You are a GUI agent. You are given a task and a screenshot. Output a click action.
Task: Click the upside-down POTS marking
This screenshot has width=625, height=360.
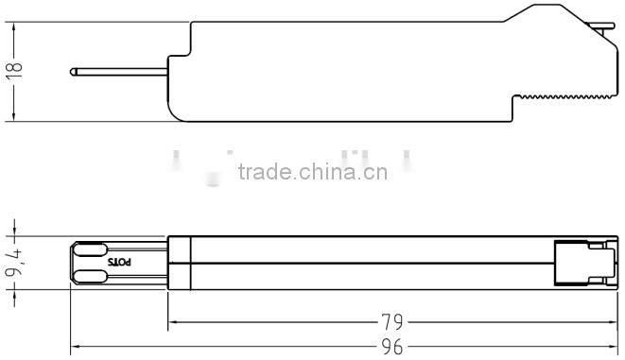(x=122, y=262)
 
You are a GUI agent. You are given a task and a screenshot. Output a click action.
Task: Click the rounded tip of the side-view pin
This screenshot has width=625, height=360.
(x=74, y=70)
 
